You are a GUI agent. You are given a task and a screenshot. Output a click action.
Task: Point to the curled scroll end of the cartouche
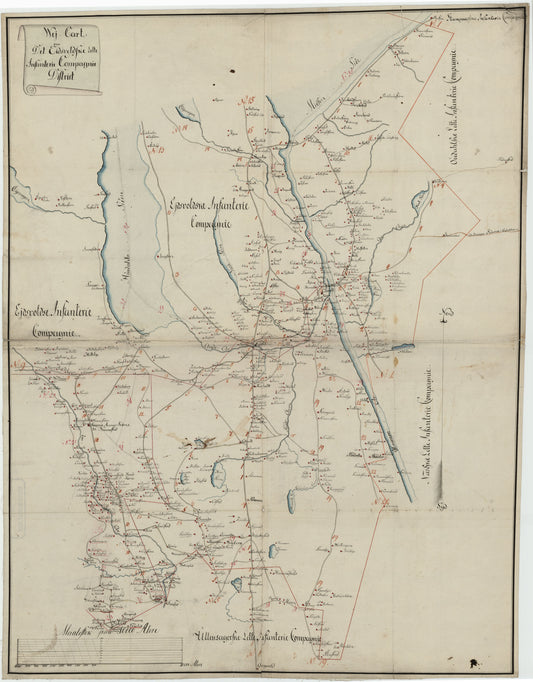point(30,89)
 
